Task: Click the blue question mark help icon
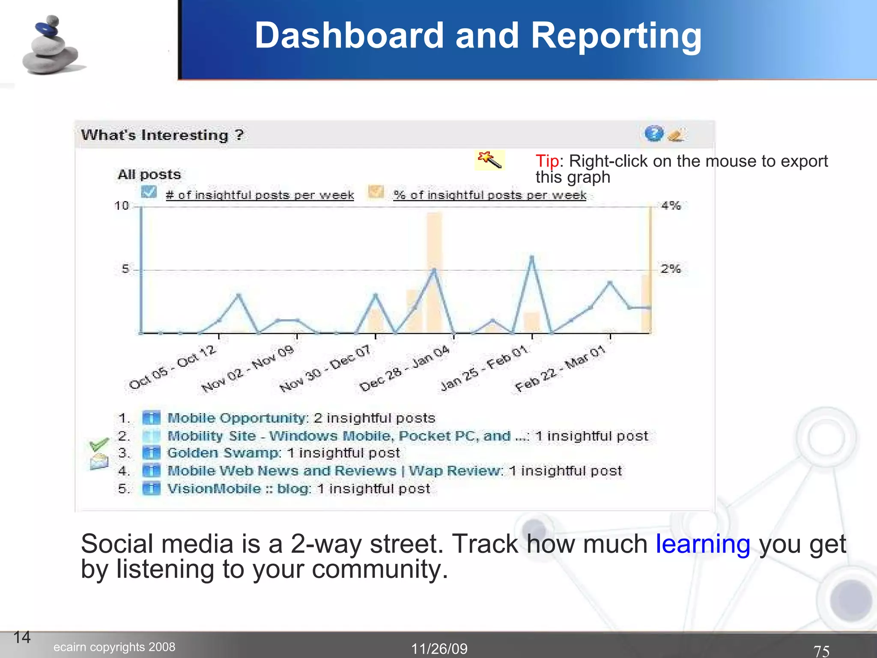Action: (x=653, y=134)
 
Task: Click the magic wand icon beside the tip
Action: (x=490, y=160)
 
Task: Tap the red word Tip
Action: (x=547, y=162)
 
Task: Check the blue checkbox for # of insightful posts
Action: (x=149, y=192)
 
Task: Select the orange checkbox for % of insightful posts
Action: (x=376, y=192)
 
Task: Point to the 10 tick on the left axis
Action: (x=122, y=206)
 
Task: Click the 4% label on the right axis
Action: (x=671, y=206)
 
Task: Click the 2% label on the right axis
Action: (x=671, y=269)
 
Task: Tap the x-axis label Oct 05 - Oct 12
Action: (x=173, y=368)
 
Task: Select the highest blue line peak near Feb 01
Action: (x=532, y=257)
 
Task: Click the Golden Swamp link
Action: (x=223, y=453)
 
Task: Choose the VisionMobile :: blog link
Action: (x=239, y=489)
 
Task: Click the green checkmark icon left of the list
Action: (x=98, y=444)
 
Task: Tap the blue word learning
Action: (x=703, y=544)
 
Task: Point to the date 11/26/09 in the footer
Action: (x=439, y=649)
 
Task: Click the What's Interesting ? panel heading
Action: (x=162, y=135)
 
